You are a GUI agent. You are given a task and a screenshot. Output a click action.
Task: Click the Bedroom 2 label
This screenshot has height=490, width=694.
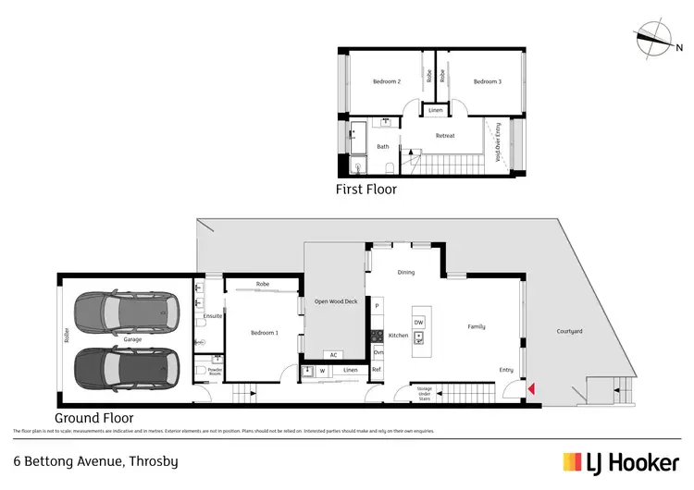tap(386, 81)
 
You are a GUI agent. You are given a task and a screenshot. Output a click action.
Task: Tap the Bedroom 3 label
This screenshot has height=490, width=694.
tap(487, 81)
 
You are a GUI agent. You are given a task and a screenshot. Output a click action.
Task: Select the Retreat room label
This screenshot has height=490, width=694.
tap(445, 136)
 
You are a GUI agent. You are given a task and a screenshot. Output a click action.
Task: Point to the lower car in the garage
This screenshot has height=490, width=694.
tap(128, 369)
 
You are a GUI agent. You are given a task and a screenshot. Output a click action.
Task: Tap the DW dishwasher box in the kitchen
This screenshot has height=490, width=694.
tap(418, 321)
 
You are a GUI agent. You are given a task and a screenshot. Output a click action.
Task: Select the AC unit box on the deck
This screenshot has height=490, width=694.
tap(332, 355)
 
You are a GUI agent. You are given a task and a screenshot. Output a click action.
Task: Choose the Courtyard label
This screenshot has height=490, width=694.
tap(569, 331)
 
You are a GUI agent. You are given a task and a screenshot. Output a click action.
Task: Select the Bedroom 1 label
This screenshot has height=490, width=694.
tap(264, 332)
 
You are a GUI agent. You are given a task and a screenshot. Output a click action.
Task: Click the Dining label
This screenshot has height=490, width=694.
tap(405, 273)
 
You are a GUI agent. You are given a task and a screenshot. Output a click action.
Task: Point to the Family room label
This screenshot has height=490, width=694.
tap(476, 326)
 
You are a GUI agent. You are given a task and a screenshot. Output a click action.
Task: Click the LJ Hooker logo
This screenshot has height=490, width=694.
tap(617, 460)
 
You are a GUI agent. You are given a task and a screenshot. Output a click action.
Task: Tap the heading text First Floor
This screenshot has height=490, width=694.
tap(366, 190)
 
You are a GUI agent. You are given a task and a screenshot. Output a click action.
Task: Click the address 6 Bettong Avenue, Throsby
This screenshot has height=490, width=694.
tap(94, 459)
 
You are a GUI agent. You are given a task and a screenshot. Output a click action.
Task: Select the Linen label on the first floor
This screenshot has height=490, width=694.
tap(435, 111)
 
